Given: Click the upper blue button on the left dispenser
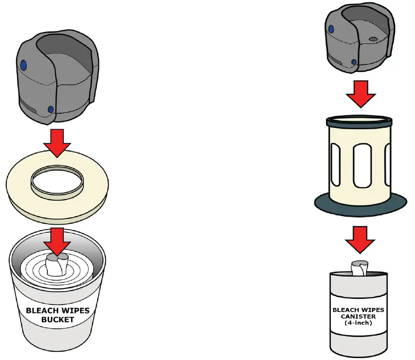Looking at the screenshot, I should [x=24, y=64].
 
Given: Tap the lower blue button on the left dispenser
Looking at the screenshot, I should [x=51, y=110].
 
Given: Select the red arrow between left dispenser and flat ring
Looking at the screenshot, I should [x=57, y=142].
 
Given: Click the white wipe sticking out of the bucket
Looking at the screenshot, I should [x=57, y=266].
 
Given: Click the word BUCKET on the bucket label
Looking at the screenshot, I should [x=57, y=319].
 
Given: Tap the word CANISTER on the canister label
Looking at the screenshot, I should [x=359, y=316].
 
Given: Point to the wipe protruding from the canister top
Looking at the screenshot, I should [x=360, y=269].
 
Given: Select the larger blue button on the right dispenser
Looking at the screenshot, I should [x=331, y=29].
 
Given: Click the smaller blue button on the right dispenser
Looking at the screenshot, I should [x=354, y=62].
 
